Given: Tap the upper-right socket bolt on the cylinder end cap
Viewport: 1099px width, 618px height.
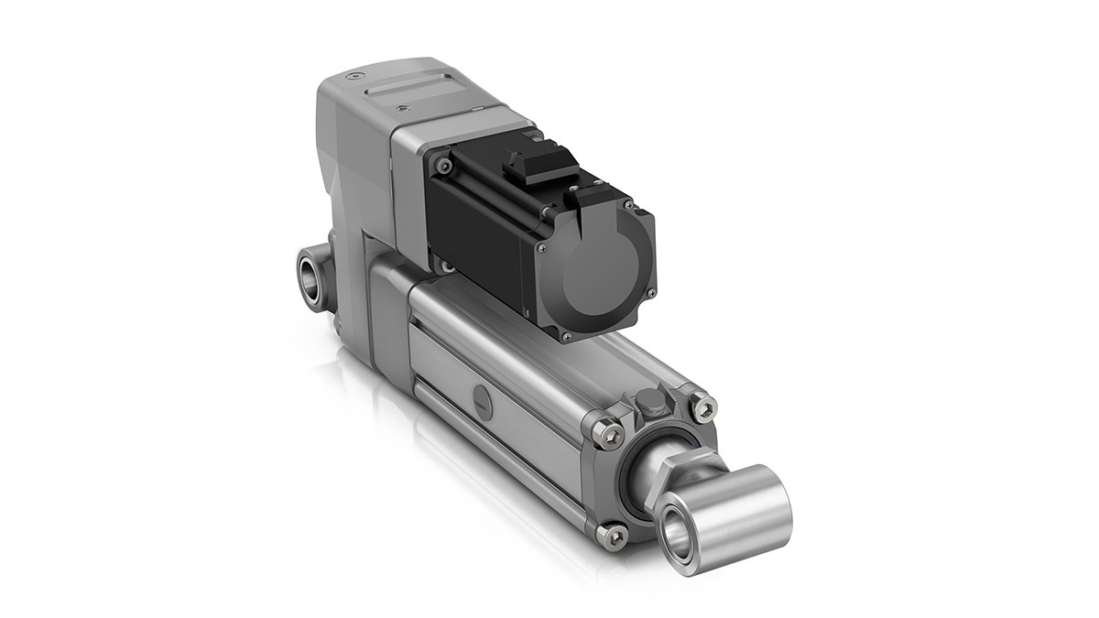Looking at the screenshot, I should (702, 405).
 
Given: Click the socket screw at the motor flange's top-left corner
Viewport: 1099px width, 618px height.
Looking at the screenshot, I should (445, 166).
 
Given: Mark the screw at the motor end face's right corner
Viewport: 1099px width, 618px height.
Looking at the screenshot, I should (650, 293).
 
